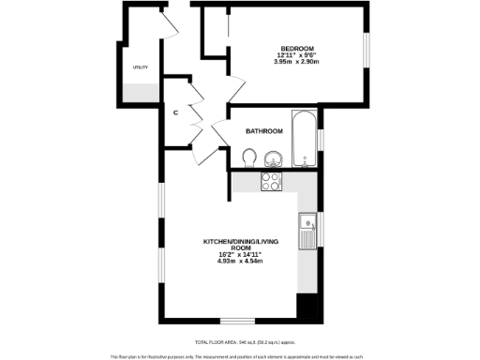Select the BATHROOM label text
click(264, 131)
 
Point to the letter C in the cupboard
click(175, 113)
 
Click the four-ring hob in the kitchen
click(273, 181)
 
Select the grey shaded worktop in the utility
click(141, 93)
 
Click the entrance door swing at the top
click(170, 22)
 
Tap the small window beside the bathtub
click(321, 140)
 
